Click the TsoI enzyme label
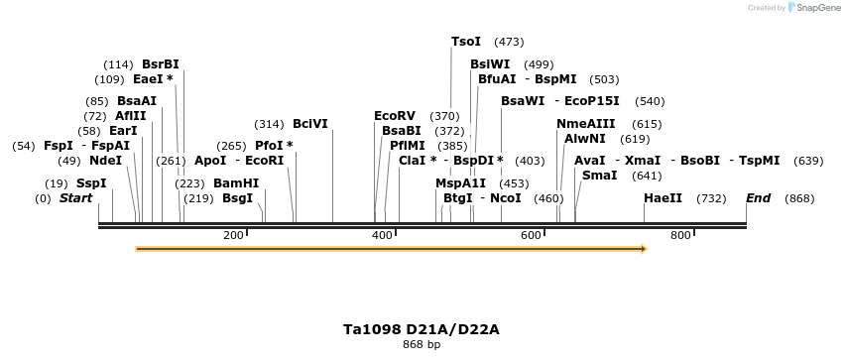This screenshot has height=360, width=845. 466,42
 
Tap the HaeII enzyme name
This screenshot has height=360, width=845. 663,198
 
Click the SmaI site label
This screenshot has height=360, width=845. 599,176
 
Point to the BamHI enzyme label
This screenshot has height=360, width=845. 236,183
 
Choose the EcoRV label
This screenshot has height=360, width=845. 395,116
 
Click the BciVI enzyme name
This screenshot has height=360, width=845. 309,124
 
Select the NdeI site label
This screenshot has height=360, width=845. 105,161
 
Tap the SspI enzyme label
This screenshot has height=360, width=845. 91,183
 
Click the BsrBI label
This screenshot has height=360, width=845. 161,64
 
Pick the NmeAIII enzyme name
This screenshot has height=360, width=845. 586,124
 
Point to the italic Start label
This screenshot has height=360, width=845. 75,198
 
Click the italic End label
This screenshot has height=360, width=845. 758,198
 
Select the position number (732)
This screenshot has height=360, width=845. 711,198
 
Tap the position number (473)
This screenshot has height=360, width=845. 509,42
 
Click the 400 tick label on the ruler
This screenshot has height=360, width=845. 382,235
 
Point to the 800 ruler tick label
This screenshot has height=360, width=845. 680,235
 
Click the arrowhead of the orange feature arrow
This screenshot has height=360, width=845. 643,249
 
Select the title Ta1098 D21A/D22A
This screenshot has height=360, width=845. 422,328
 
